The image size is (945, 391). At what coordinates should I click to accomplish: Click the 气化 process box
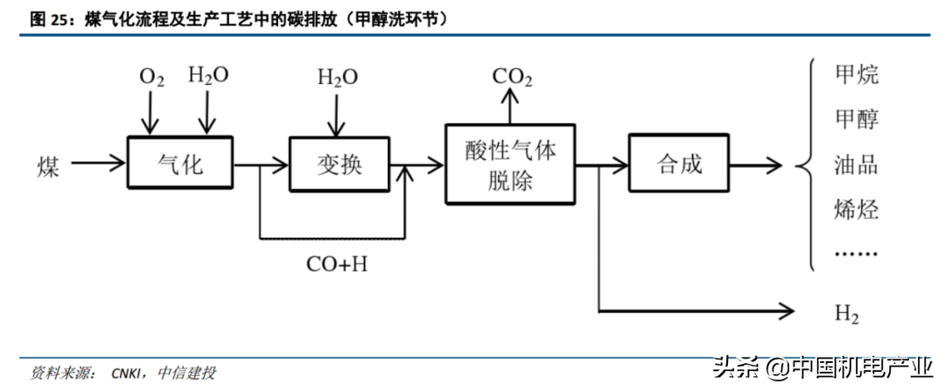tap(180, 163)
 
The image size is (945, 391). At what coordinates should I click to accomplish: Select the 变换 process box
tap(339, 164)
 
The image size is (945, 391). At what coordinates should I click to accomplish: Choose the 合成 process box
tap(679, 164)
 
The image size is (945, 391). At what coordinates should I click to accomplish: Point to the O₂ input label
tap(151, 78)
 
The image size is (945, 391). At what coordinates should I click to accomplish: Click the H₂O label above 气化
tap(208, 75)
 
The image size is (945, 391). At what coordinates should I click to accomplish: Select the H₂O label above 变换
tap(337, 78)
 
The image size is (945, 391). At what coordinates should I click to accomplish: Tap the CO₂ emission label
tap(512, 77)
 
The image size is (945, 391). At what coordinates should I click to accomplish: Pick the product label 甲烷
tap(857, 74)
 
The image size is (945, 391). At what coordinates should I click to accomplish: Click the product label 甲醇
tap(857, 119)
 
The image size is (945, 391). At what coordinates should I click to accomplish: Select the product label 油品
tap(857, 164)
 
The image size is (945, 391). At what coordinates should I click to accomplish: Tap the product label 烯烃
tap(857, 209)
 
